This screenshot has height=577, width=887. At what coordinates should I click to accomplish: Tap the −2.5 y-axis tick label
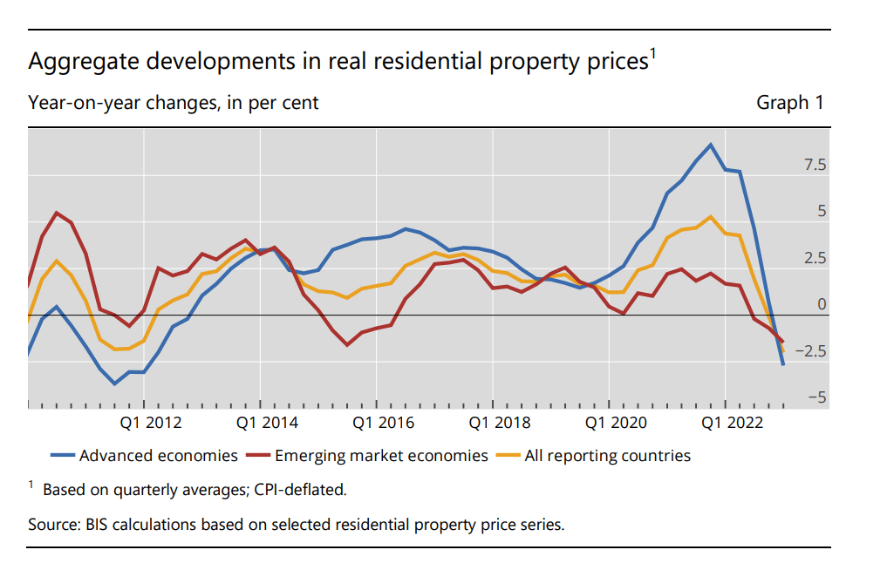810,351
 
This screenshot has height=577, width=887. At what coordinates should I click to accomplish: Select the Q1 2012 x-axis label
151,423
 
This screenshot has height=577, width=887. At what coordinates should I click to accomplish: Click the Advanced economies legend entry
158,455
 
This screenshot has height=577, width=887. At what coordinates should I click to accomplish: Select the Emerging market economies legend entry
381,455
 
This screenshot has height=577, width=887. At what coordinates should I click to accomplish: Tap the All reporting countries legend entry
607,455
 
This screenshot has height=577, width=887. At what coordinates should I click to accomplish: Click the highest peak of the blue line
711,145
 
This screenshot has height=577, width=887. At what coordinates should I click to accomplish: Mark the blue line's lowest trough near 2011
114,384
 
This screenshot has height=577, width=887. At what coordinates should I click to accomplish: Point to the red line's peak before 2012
57,213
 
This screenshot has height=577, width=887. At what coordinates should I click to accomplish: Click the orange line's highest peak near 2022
711,217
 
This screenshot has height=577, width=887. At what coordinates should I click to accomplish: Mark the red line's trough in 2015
347,345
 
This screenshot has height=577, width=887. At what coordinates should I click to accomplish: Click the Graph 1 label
789,103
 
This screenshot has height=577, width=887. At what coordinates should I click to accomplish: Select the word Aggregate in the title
77,63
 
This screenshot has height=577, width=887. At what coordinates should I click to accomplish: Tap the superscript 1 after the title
652,55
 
